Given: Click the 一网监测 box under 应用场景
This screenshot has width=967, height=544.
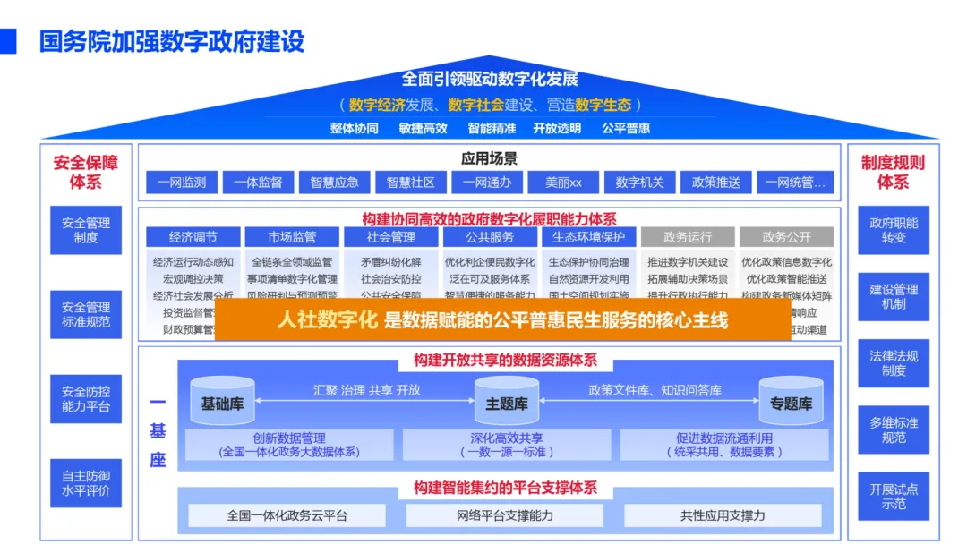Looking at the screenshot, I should [x=182, y=183].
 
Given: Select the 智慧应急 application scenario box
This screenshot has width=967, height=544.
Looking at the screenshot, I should [x=335, y=183].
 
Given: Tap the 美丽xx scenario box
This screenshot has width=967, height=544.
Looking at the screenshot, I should [x=563, y=183].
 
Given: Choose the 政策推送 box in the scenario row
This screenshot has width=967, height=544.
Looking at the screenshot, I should [x=716, y=183].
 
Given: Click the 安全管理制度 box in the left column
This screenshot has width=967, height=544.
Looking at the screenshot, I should [x=86, y=231].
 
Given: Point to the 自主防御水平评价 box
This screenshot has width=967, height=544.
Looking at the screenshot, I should [x=86, y=483].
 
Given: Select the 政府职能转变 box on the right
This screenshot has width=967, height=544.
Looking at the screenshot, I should [x=894, y=231].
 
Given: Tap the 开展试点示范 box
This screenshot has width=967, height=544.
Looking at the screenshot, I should [x=894, y=497].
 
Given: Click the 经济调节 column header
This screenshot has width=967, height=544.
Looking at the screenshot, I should [x=193, y=237].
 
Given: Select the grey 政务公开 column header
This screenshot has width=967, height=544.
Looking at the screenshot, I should [x=786, y=237].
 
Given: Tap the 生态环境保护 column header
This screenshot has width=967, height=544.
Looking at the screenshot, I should [x=588, y=237].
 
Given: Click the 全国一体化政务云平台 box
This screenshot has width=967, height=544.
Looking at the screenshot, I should [x=287, y=515].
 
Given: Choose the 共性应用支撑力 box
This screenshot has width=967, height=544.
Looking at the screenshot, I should [x=723, y=515].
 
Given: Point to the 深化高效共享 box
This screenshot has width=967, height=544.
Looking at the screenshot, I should [x=507, y=445].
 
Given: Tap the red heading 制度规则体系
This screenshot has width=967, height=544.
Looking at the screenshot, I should [x=893, y=172].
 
